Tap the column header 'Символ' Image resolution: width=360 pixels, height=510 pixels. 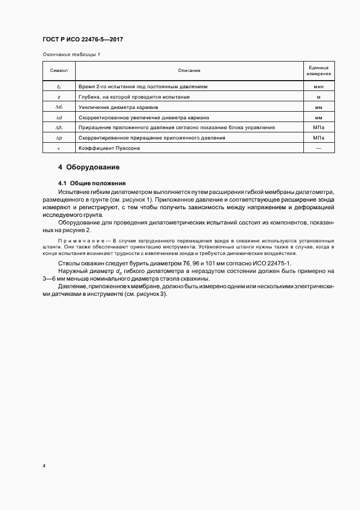(59, 71)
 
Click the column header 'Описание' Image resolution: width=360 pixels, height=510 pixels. (189, 71)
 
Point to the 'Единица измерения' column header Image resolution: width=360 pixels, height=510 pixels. (319, 71)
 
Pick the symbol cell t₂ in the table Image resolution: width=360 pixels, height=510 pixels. (59, 87)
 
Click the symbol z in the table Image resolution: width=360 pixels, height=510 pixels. (59, 96)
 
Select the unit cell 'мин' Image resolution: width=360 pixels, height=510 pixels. (319, 87)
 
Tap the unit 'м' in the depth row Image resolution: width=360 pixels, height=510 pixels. (319, 96)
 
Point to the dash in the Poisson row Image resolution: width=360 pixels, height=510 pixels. (319, 148)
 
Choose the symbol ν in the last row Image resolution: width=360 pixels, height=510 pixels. (59, 148)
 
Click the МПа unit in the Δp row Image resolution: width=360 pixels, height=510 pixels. (319, 138)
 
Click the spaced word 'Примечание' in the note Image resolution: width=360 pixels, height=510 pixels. (81, 240)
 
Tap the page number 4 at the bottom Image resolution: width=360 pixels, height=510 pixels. (44, 466)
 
